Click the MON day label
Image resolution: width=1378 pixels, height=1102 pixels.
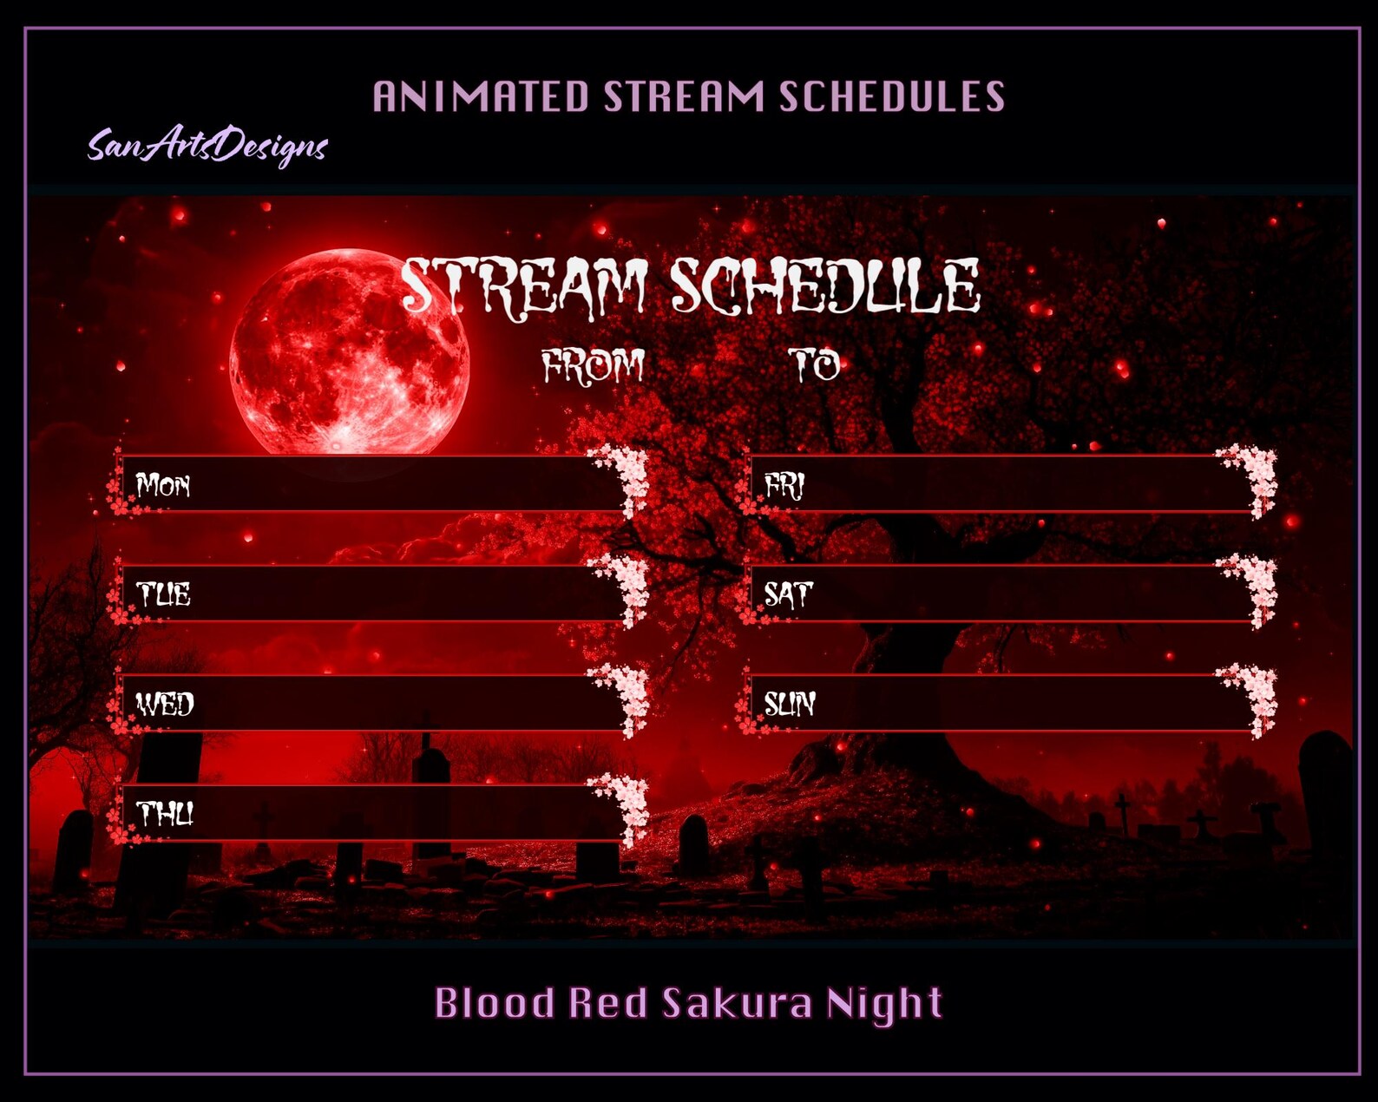click(x=162, y=485)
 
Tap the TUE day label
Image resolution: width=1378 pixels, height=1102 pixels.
click(x=163, y=594)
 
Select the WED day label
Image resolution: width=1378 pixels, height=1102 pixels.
click(x=165, y=705)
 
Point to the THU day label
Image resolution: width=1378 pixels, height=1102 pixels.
click(x=165, y=813)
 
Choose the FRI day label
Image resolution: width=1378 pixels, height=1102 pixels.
click(x=784, y=486)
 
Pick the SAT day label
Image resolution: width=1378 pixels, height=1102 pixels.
click(x=788, y=594)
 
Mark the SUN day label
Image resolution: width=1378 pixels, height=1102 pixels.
click(x=790, y=705)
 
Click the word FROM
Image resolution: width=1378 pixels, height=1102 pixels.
click(x=593, y=367)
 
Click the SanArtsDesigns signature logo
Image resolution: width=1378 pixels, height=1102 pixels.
click(x=207, y=148)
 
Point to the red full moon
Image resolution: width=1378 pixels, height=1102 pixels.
click(x=350, y=353)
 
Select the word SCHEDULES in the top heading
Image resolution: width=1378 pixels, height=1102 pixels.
click(x=891, y=96)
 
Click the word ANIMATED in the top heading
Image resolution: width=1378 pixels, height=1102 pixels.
click(x=480, y=96)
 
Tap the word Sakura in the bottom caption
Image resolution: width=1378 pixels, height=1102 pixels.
click(x=737, y=1002)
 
